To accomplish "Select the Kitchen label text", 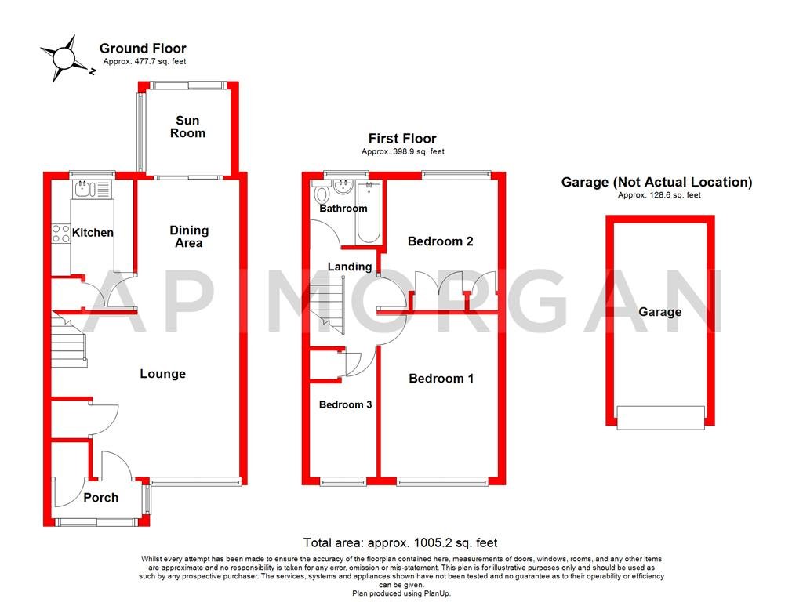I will point(93,233).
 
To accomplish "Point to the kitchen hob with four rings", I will point(60,233).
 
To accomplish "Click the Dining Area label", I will point(189,237).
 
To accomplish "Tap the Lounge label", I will point(162,374).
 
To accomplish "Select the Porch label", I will point(100,498).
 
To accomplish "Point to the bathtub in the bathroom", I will point(369,212).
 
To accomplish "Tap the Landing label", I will point(349,267).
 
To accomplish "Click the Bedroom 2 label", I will point(440,241).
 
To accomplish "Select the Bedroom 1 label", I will point(441,379).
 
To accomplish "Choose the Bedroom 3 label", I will point(345,405).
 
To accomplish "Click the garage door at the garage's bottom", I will point(660,417).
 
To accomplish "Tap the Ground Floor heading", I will point(143,49).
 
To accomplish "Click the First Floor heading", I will point(402,139).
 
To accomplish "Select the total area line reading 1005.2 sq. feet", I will point(400,542).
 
